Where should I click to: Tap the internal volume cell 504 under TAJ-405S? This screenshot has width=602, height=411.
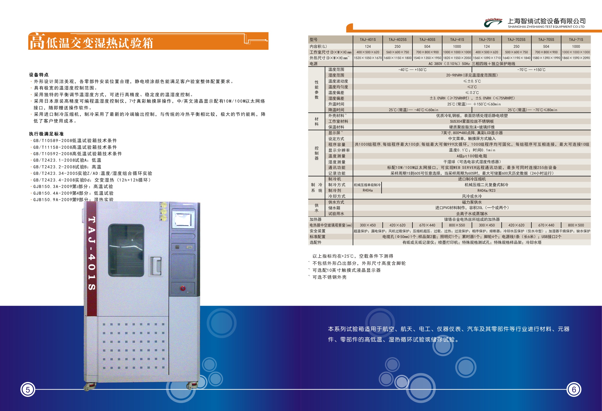(x=427, y=47)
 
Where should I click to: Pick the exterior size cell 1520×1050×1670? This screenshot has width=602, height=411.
(x=368, y=58)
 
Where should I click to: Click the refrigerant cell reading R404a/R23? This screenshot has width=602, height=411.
(x=486, y=190)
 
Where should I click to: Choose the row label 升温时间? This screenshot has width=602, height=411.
(x=336, y=104)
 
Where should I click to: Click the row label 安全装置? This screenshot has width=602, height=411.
(x=317, y=231)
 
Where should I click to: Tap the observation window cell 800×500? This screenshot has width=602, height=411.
(x=576, y=225)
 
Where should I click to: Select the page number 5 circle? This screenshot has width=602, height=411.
(x=28, y=389)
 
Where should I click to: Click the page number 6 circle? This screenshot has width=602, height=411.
(x=574, y=389)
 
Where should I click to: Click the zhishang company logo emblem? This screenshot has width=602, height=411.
(x=493, y=22)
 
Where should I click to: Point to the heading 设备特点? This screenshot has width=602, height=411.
(x=39, y=75)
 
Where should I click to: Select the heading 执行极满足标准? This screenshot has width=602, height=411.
(x=46, y=134)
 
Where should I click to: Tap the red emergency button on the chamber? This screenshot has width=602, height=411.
(x=183, y=288)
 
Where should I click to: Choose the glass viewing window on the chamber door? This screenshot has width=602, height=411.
(x=126, y=250)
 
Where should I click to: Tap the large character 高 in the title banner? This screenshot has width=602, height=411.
(x=37, y=41)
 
